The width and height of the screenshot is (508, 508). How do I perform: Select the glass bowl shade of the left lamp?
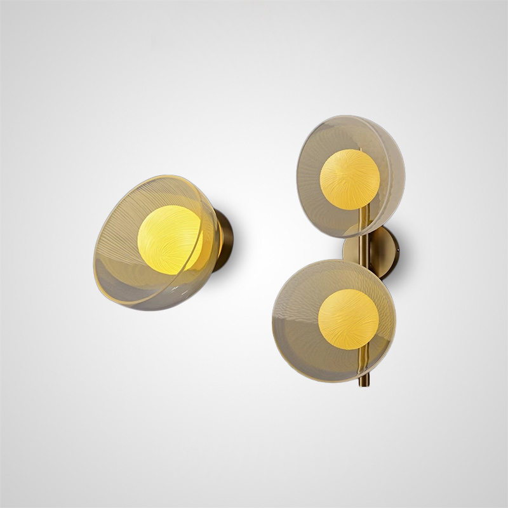click(127, 254)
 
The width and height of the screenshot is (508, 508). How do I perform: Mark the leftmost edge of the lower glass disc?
click(274, 317)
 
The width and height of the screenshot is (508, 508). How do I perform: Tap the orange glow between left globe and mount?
click(208, 239)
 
